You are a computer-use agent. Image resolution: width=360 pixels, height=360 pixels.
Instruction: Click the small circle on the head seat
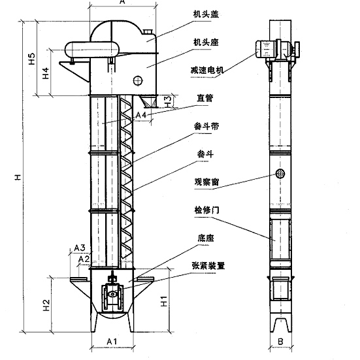tap(138, 81)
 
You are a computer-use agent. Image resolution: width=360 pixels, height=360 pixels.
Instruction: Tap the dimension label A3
tap(79, 248)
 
